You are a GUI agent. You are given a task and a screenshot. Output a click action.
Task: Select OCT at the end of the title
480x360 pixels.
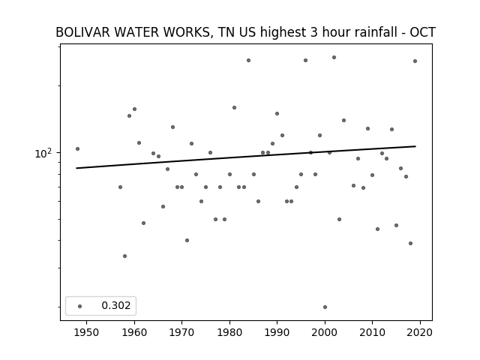point(422,32)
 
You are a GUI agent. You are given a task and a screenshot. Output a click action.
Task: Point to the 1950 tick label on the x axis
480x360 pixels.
point(86,332)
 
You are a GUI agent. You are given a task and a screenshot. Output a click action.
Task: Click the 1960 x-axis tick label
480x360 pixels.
point(134,332)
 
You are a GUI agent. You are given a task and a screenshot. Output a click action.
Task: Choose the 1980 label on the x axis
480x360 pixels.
point(229,332)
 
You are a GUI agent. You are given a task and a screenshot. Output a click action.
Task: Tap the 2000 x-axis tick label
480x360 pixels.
point(325,332)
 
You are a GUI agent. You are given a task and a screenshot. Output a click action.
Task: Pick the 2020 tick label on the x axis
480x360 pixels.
point(420,332)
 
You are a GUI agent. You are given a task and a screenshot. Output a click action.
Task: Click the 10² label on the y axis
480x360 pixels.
point(43,153)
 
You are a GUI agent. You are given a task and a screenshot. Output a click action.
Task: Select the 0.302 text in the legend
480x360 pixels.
point(116,305)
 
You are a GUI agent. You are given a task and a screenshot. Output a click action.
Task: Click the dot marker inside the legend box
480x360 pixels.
point(80,306)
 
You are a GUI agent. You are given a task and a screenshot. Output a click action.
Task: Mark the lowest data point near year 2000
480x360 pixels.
point(325,307)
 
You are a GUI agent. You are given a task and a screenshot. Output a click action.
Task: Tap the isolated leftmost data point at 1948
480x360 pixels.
point(77,148)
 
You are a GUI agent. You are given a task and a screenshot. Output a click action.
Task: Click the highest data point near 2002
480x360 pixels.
point(334,57)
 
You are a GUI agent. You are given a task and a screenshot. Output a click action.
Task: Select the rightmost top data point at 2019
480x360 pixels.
point(415,61)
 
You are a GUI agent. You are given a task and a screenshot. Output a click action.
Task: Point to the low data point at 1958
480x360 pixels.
point(125,256)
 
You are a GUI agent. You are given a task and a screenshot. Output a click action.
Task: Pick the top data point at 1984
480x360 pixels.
point(248,60)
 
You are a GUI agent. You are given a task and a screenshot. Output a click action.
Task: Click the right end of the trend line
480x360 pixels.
point(415,146)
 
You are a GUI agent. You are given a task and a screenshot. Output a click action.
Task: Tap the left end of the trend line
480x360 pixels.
point(76,168)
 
